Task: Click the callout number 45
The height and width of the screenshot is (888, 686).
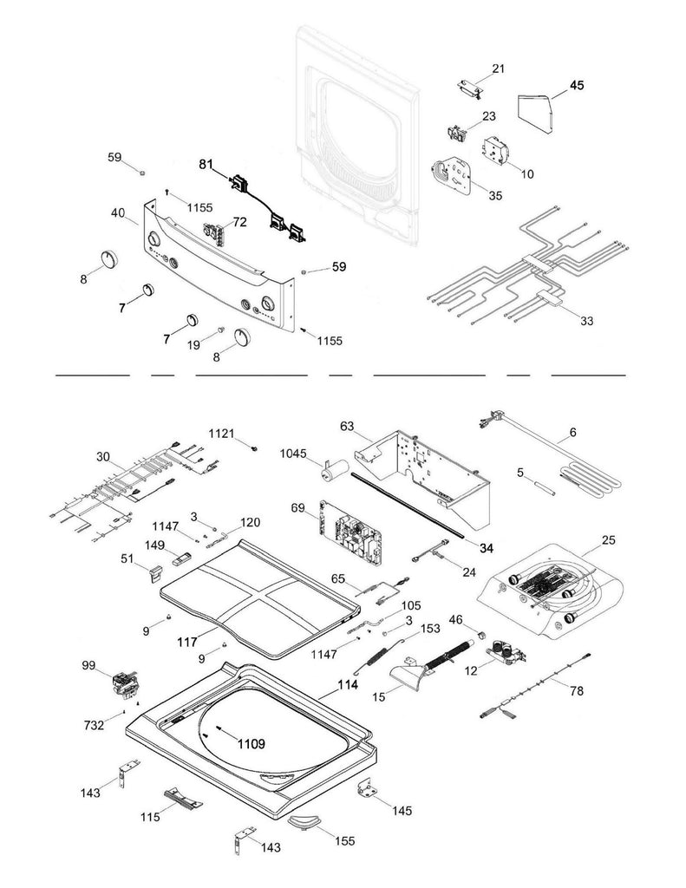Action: pos(577,85)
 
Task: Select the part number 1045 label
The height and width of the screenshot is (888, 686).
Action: pos(294,454)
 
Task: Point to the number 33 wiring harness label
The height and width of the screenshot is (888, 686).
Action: pos(587,321)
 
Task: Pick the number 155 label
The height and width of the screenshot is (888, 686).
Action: pos(343,840)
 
